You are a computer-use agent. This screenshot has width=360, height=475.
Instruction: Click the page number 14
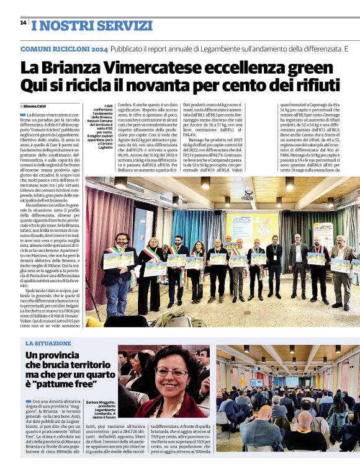pos(23,22)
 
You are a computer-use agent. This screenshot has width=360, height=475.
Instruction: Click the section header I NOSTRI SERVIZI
pos(91,25)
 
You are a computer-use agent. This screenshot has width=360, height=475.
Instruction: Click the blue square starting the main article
pos(22,115)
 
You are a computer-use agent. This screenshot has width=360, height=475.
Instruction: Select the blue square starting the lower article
pos(28,402)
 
